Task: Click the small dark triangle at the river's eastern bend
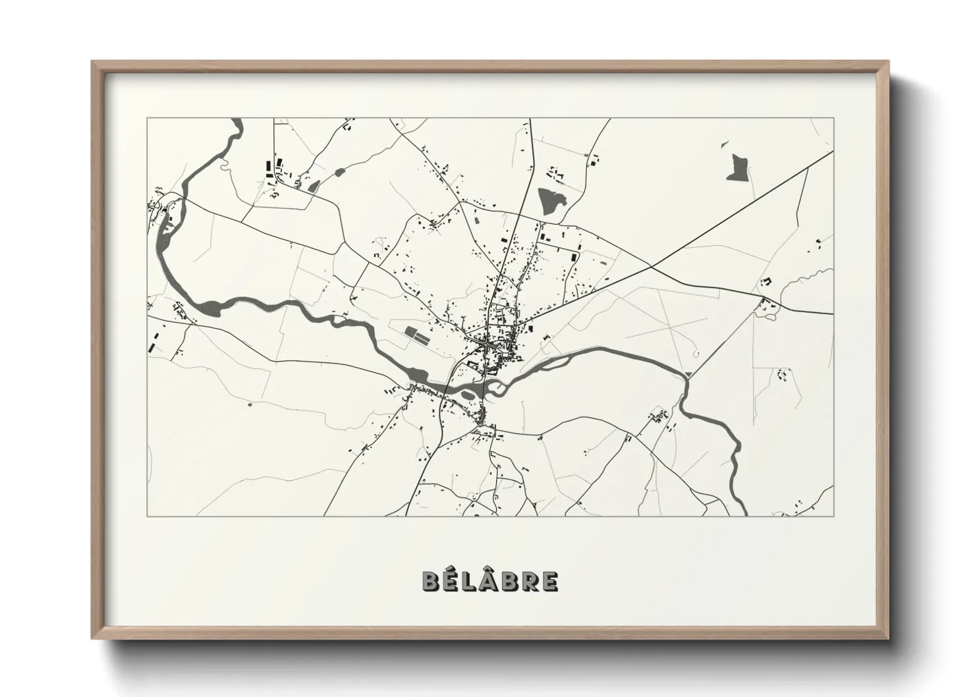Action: [687, 374]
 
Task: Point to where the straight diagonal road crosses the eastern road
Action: [651, 266]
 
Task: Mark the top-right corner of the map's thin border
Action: [833, 118]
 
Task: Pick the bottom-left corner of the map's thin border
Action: [147, 516]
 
